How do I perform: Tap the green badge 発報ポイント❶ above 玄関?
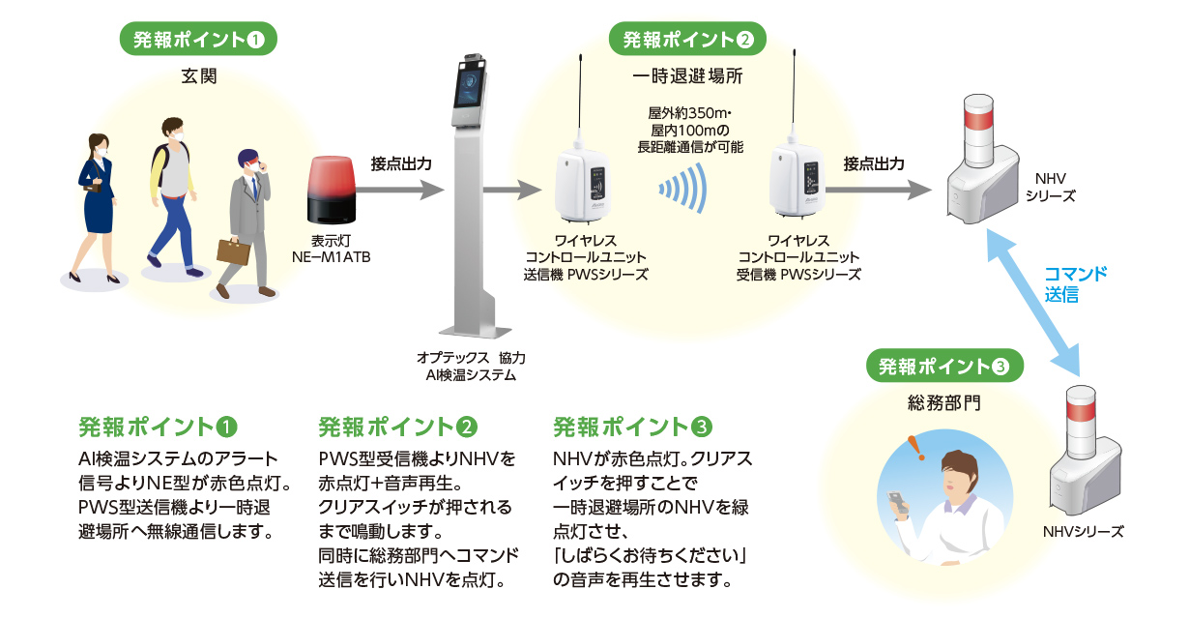coord(198,40)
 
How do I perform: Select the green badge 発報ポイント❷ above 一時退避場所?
coord(687,40)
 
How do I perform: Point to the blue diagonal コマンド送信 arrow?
coord(1035,306)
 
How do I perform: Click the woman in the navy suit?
coord(97,202)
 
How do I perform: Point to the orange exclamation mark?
coord(913,446)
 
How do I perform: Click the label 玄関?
coord(198,76)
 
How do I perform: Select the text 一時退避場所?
coord(687,76)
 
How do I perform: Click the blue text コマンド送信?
coord(1075,284)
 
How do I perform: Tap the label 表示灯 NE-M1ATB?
coord(332,251)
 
